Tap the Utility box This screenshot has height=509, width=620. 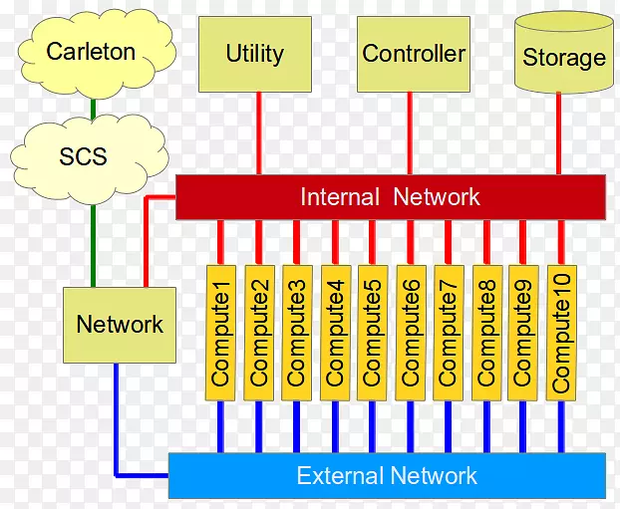point(254,54)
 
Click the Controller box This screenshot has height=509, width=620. point(413,54)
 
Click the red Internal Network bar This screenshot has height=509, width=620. point(390,197)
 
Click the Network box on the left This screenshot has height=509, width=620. point(119,325)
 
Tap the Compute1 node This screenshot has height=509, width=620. point(221,334)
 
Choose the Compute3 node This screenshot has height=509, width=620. point(296,334)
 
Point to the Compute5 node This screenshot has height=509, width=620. point(372,334)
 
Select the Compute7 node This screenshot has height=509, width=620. point(448,334)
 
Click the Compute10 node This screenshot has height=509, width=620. point(561,334)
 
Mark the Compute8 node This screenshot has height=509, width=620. point(486,334)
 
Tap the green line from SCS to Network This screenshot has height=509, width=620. point(92,244)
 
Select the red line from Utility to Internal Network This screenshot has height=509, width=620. point(259,133)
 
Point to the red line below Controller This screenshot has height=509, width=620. point(409,133)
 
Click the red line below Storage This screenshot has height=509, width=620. point(558,133)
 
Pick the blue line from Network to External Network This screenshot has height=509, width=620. point(117,418)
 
